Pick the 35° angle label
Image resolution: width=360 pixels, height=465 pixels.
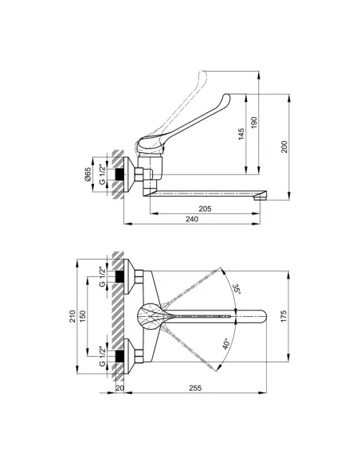coord(235,288)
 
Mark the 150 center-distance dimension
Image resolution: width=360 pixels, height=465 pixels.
coord(88,317)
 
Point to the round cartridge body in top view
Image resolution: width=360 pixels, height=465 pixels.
coord(148,316)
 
